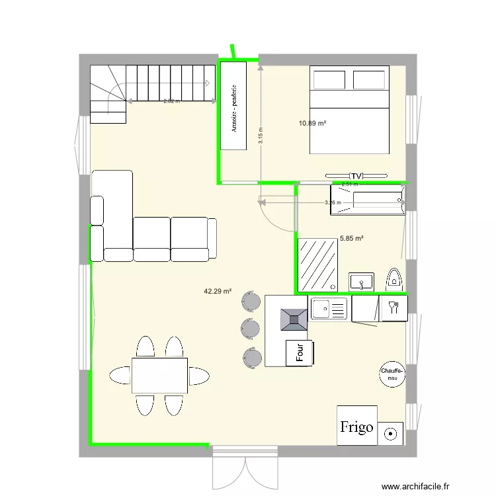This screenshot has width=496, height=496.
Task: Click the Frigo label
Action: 356,427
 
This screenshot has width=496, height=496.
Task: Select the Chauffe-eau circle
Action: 392,375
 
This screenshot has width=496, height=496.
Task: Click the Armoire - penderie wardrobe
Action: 233,104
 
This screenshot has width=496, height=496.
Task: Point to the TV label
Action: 356,175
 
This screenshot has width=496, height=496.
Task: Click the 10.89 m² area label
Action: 313,123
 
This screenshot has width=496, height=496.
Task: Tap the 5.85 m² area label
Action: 352,238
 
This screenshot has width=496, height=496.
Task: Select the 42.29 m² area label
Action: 218,291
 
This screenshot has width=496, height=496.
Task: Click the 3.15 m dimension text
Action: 261,136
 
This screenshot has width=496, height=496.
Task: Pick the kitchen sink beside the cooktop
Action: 329,308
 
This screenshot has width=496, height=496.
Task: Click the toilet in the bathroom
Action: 395,280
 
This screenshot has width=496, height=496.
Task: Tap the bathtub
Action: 367,199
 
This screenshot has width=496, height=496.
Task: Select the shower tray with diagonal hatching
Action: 318,265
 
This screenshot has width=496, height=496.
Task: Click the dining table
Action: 159,375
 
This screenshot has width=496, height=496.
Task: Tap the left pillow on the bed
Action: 329,79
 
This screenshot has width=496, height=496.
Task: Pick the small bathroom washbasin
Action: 362,282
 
